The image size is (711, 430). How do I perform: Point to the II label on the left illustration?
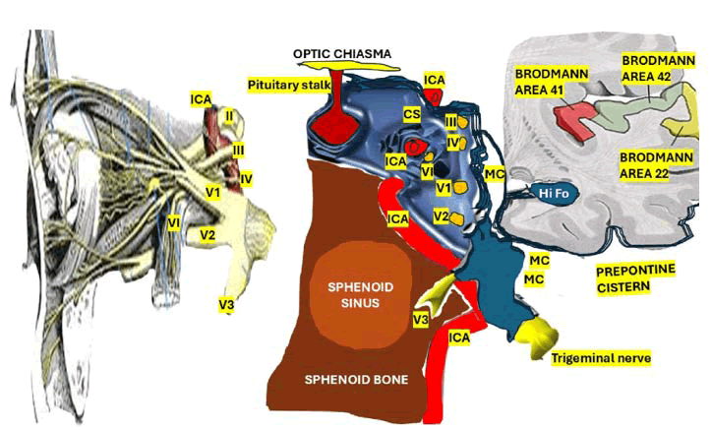[x=228, y=115]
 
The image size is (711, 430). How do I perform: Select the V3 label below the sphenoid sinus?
[x=421, y=320]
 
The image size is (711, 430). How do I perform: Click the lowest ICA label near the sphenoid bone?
[x=459, y=338]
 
